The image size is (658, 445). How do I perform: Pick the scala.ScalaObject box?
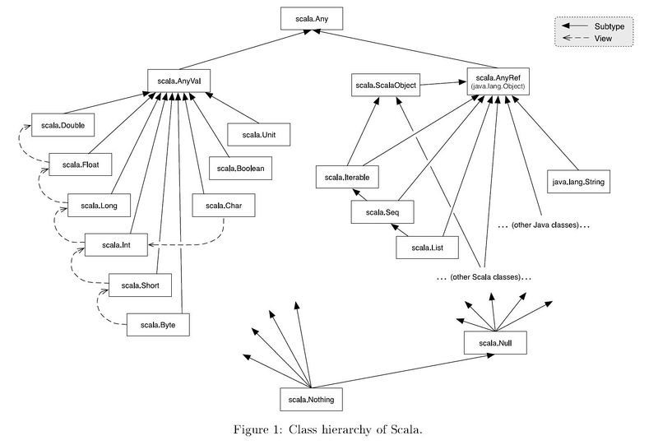coord(383,86)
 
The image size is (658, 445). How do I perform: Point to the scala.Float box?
coord(81,165)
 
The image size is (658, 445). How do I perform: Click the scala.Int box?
coord(116,245)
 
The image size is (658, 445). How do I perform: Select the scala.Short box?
coord(140,285)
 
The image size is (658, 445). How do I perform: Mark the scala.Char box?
coord(223,205)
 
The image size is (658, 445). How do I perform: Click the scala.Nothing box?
coord(310,400)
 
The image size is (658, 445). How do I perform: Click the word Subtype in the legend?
coord(609,27)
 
